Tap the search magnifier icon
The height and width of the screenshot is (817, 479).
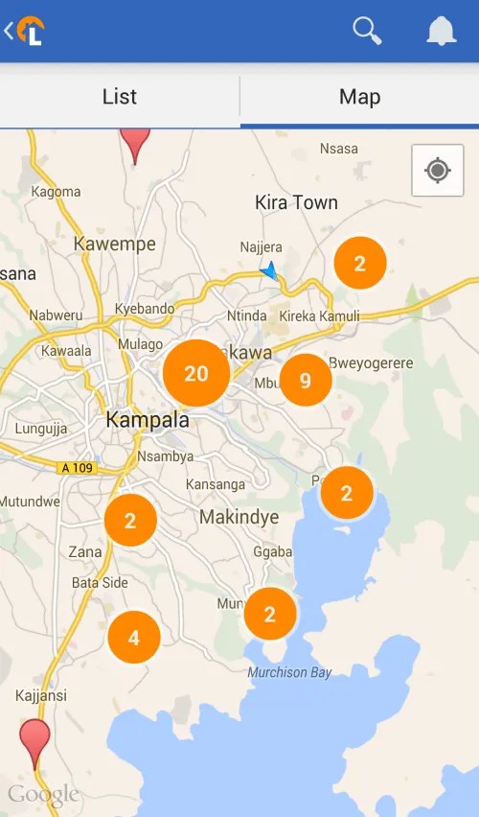click(x=367, y=31)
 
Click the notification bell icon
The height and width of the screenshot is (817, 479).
click(x=442, y=32)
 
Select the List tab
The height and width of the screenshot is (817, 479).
click(x=120, y=97)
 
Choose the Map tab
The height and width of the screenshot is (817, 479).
click(x=359, y=97)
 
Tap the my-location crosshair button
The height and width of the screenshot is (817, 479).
click(x=438, y=171)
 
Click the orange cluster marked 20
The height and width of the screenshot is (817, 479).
click(x=196, y=373)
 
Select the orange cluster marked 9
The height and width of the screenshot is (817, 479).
click(x=306, y=381)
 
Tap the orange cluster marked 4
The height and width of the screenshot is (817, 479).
click(x=133, y=637)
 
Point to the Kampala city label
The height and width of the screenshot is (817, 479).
click(x=148, y=420)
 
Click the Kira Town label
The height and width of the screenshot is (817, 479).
click(x=296, y=202)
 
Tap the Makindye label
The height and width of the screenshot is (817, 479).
click(x=239, y=518)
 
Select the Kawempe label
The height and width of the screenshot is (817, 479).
click(x=114, y=245)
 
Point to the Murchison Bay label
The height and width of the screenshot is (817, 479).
click(x=289, y=672)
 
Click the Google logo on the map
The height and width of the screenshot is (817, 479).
click(x=43, y=794)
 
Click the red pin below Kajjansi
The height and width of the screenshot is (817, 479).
click(x=35, y=741)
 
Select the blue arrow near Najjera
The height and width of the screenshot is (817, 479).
click(x=269, y=271)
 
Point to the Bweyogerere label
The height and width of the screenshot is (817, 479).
click(x=371, y=363)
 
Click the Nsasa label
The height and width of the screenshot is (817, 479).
click(x=339, y=149)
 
